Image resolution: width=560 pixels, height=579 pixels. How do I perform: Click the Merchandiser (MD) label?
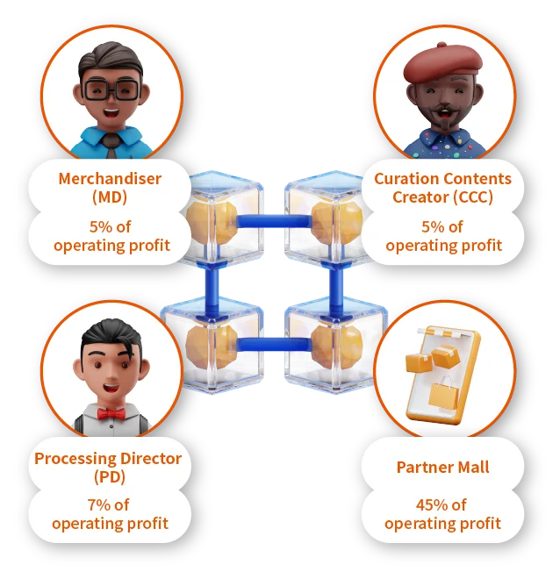[x=110, y=187]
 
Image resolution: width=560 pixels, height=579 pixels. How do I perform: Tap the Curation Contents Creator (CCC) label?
[x=442, y=187]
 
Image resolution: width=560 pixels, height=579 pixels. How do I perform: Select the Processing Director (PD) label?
[x=108, y=467]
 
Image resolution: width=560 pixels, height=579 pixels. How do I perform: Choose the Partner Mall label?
[x=442, y=467]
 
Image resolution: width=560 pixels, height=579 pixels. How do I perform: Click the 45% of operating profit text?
[x=442, y=514]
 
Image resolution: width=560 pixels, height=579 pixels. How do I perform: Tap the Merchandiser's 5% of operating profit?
[x=110, y=235]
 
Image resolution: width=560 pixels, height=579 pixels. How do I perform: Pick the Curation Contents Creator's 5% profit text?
[x=442, y=235]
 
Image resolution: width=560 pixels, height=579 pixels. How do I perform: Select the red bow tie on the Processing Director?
[x=110, y=413]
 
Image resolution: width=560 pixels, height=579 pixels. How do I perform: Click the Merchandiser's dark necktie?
[x=110, y=141]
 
